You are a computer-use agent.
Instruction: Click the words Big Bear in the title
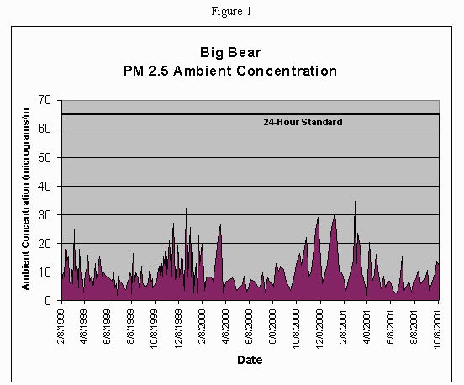(231, 51)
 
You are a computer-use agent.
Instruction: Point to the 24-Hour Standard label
(303, 122)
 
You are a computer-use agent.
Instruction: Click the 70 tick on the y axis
(45, 100)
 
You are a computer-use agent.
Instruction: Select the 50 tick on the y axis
(45, 157)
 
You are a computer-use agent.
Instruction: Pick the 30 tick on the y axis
(45, 214)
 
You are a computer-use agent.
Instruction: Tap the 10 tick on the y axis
(45, 272)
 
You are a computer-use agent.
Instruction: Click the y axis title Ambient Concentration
(26, 202)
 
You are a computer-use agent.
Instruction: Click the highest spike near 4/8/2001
(355, 203)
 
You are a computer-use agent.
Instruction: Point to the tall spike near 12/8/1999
(186, 210)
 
